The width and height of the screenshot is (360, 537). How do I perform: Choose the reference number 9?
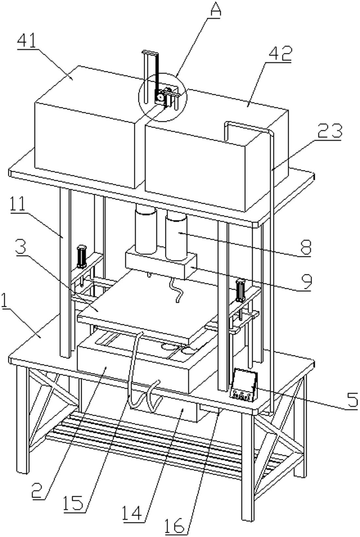[304, 282]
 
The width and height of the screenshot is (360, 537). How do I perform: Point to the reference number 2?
[39, 491]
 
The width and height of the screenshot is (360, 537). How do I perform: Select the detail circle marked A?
[163, 97]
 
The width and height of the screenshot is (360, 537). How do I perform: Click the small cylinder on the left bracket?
[81, 256]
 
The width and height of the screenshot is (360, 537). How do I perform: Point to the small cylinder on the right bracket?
[241, 290]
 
